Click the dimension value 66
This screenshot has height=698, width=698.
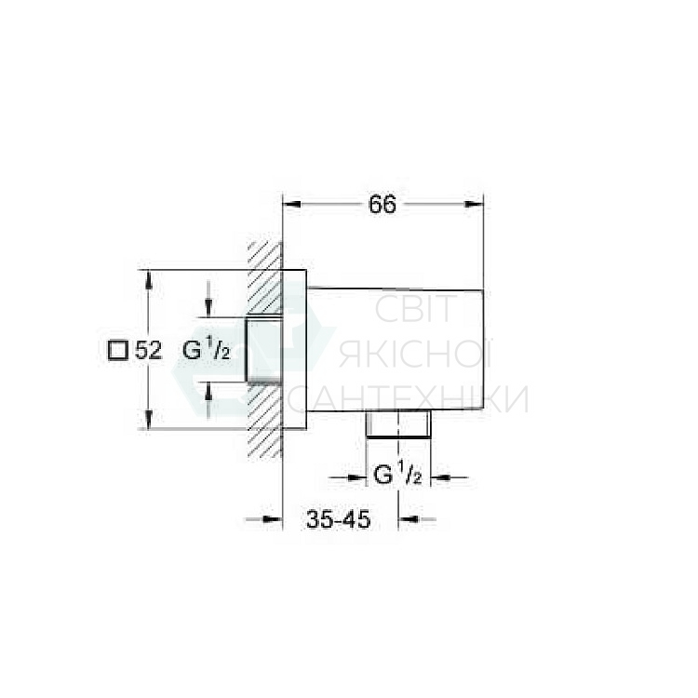coord(382,205)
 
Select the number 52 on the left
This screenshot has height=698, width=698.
coord(149,351)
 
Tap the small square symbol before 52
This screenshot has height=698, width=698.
coord(117,351)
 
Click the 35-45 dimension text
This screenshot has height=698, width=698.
coord(339,520)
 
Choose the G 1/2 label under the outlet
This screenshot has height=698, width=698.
coord(398,477)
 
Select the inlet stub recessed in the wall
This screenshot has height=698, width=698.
coord(263,349)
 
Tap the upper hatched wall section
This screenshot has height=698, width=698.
coord(265,279)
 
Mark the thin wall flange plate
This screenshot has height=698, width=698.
coord(294,350)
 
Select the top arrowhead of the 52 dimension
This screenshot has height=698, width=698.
coord(150,276)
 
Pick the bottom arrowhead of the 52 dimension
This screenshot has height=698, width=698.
coord(150,423)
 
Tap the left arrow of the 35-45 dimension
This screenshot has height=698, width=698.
coord(274,520)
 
